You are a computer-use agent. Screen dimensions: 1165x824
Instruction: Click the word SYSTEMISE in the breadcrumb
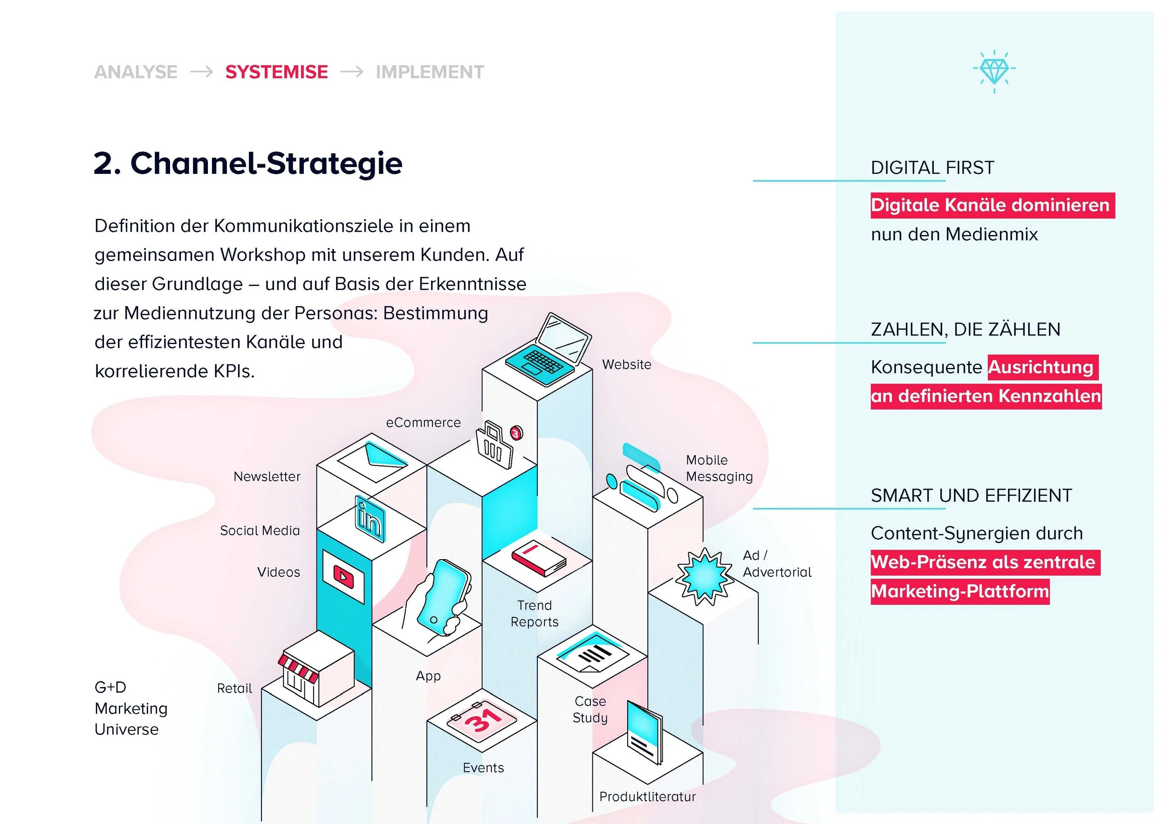pyautogui.click(x=276, y=72)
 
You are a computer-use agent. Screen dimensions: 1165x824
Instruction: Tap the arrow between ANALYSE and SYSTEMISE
pyautogui.click(x=201, y=72)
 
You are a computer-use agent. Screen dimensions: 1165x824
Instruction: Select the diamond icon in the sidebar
pyautogui.click(x=994, y=71)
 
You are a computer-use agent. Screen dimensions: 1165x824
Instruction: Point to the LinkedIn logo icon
pyautogui.click(x=370, y=519)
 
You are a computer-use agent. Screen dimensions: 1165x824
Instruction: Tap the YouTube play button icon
pyautogui.click(x=343, y=576)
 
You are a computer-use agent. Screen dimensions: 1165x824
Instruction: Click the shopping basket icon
pyautogui.click(x=493, y=445)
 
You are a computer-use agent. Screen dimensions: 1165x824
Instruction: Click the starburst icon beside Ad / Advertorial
pyautogui.click(x=704, y=576)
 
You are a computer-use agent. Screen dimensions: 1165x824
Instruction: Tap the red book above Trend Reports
pyautogui.click(x=538, y=557)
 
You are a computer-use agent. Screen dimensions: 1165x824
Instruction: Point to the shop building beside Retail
pyautogui.click(x=315, y=669)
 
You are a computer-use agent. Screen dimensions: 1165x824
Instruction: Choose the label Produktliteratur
pyautogui.click(x=647, y=796)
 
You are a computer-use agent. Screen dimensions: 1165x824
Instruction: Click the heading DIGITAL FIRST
pyautogui.click(x=932, y=167)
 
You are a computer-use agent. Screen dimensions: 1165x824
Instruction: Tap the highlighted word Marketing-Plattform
pyautogui.click(x=960, y=591)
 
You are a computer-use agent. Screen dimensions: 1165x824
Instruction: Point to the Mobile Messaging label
pyautogui.click(x=719, y=468)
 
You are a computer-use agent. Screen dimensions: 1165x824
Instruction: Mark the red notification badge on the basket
pyautogui.click(x=516, y=433)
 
